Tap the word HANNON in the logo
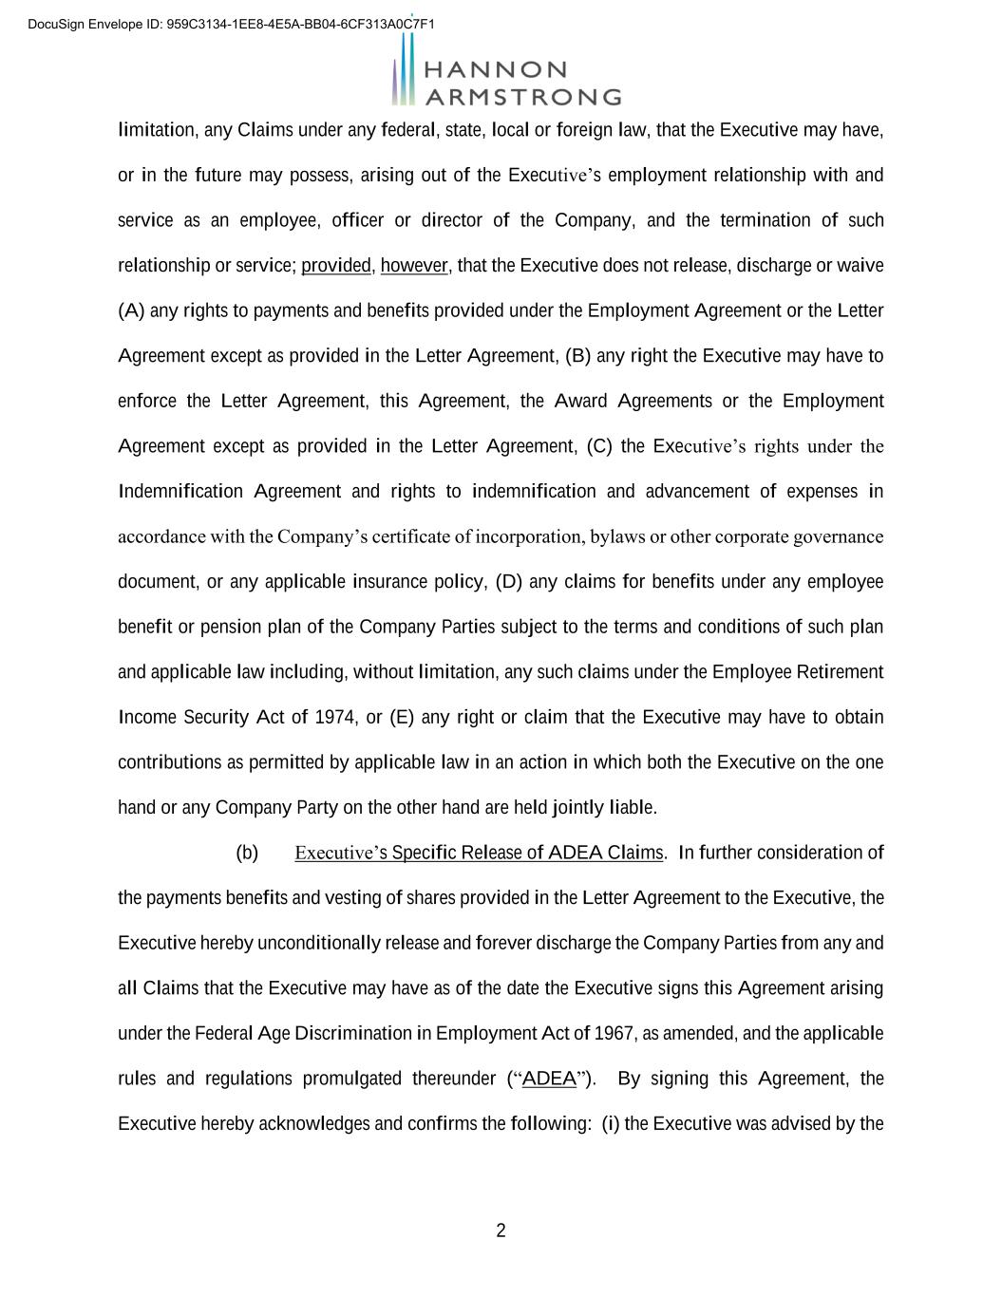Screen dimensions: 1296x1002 496,70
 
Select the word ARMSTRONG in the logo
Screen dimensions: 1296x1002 522,97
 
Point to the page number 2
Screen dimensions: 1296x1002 501,1231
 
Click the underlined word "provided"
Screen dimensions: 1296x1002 336,266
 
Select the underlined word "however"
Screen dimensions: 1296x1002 413,266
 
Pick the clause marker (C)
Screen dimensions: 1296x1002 599,446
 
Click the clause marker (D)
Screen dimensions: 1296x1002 509,582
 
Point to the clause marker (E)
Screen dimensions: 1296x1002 402,717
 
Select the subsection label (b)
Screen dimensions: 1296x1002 247,853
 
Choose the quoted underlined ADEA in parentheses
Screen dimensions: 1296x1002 549,1079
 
